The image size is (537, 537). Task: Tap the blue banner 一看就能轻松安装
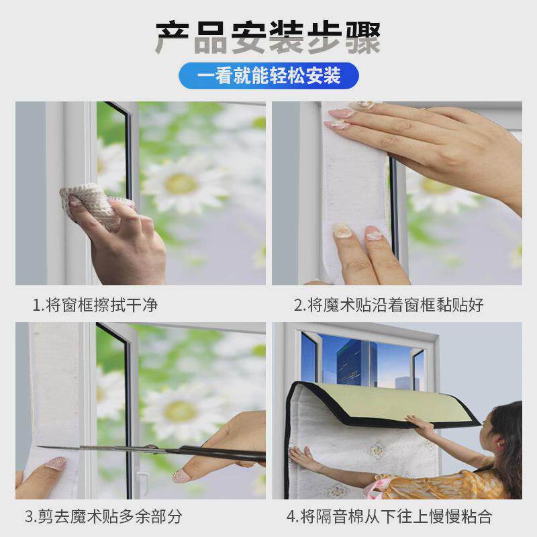tap(268, 75)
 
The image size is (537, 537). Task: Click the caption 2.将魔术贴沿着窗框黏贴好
tap(389, 305)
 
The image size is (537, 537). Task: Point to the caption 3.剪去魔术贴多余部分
tap(103, 516)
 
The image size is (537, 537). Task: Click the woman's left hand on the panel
tap(305, 459)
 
